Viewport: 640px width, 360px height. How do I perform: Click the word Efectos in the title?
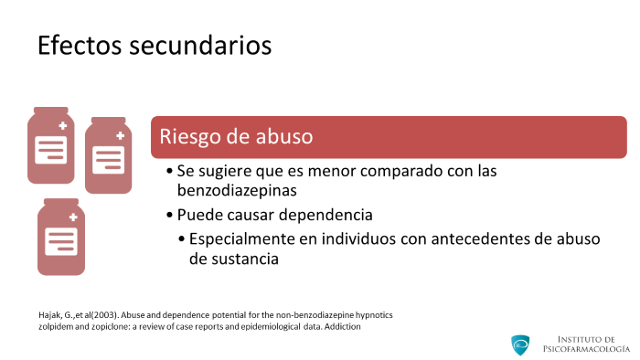(80, 45)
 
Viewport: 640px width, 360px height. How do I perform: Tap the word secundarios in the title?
(200, 45)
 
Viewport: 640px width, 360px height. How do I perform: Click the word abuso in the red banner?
(284, 136)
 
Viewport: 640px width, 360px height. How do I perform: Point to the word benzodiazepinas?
(237, 190)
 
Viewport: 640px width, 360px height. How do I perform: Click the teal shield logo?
(520, 344)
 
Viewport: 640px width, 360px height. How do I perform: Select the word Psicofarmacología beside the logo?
(586, 349)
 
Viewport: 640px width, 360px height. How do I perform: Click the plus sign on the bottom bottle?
(73, 217)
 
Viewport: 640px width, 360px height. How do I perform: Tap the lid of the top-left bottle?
(51, 111)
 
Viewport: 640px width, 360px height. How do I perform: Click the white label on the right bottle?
(108, 160)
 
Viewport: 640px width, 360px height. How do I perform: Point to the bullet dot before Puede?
(170, 215)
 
